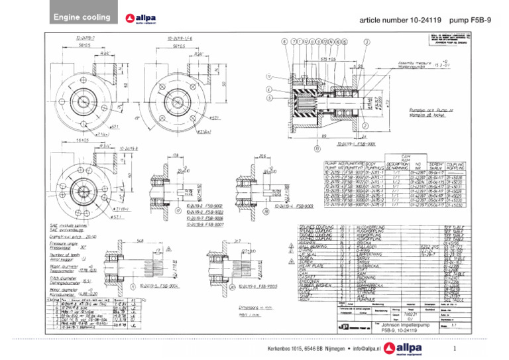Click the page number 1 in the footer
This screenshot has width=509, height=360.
(x=455, y=347)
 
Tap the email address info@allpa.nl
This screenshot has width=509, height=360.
(x=361, y=347)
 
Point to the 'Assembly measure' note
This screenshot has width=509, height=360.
(x=416, y=63)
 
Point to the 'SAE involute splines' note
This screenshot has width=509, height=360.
(x=68, y=225)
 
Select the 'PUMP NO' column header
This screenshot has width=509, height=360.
(x=334, y=162)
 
